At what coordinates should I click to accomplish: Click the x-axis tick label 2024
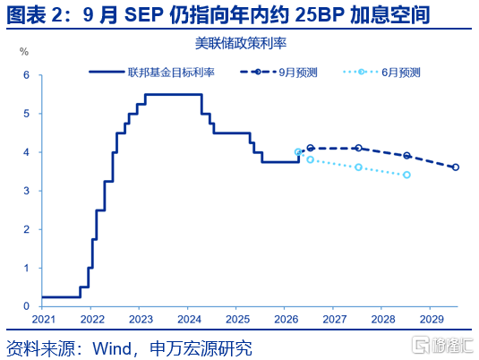[x=190, y=320]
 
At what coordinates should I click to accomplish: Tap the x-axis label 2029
[x=432, y=320]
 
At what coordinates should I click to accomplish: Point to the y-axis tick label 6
[x=27, y=75]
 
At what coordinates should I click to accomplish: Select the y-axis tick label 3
[x=27, y=191]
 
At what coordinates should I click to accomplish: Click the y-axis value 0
[x=27, y=306]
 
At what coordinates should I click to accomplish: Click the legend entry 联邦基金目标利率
[x=152, y=73]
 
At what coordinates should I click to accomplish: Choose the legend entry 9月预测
[x=278, y=73]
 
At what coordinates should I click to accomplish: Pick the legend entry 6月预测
[x=381, y=73]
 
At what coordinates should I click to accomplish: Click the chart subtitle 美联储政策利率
[x=241, y=43]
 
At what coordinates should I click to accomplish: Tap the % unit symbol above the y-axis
[x=24, y=52]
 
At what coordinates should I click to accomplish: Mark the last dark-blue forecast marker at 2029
[x=456, y=167]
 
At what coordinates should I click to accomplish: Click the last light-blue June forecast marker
[x=406, y=175]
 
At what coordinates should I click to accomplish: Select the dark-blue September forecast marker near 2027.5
[x=359, y=148]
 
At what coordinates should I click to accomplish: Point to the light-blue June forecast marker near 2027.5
[x=359, y=167]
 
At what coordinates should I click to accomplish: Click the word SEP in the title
[x=143, y=14]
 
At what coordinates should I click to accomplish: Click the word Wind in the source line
[x=112, y=348]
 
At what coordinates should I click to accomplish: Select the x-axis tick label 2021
[x=44, y=320]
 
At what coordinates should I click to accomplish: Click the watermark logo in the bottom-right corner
[x=441, y=346]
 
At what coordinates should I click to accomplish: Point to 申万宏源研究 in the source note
[x=201, y=348]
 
